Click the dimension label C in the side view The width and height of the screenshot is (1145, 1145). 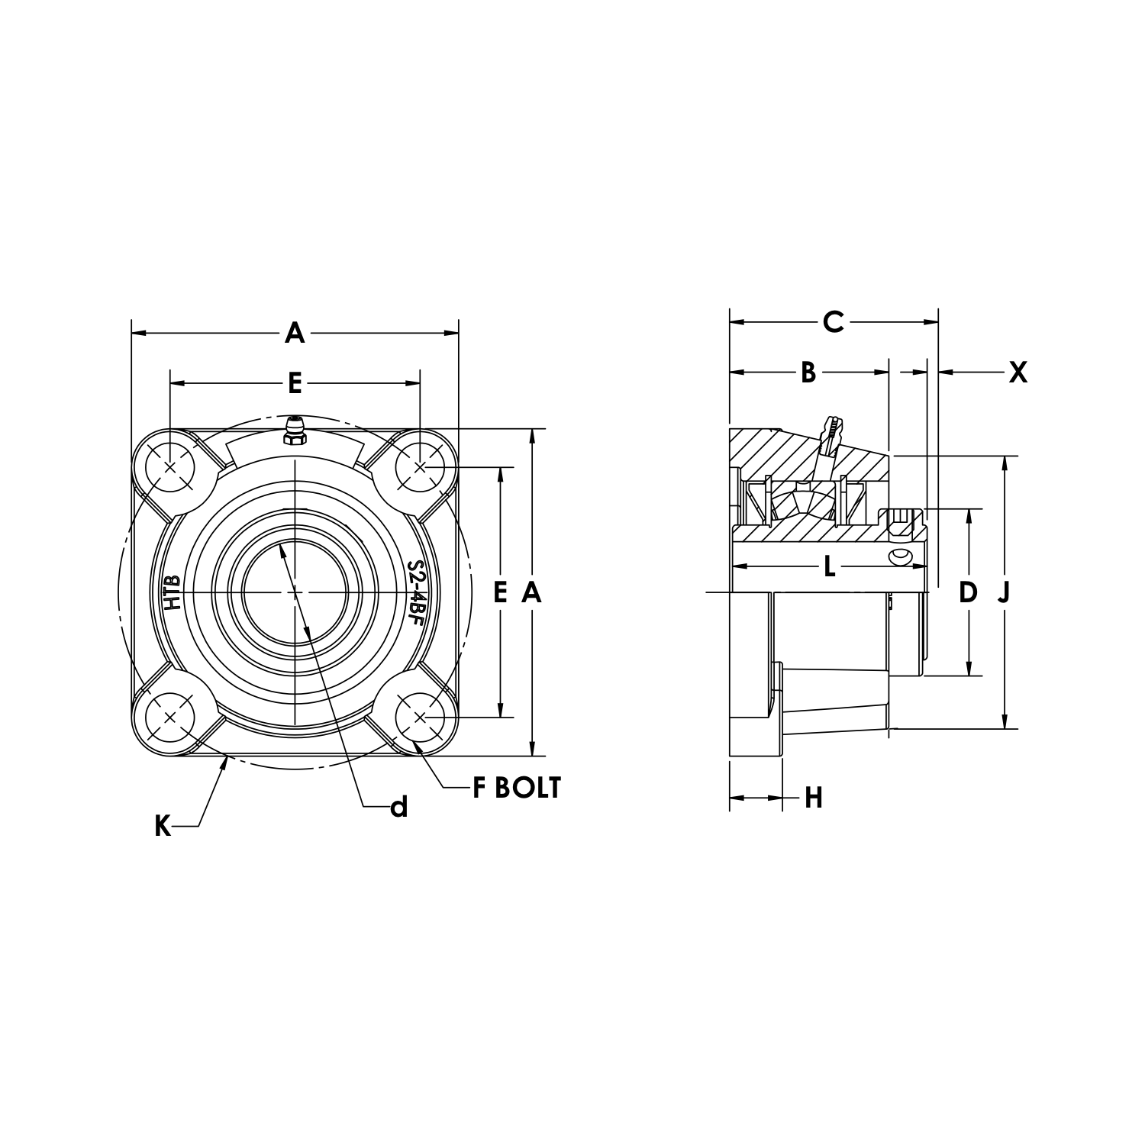pos(833,322)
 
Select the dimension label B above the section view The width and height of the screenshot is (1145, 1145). pos(808,373)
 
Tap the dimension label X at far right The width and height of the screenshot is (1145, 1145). pos(1018,373)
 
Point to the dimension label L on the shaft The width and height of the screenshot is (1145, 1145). pos(830,566)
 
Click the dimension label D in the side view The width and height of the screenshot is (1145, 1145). pos(968,592)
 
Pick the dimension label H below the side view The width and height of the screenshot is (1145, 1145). pos(814,798)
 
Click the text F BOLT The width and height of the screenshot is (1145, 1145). pos(517,788)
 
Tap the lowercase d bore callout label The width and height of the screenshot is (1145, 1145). pos(398,807)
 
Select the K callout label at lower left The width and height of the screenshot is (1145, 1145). pos(163,826)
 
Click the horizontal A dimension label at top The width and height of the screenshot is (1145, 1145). pos(295,333)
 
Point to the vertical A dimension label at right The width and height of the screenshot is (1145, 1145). pos(531,592)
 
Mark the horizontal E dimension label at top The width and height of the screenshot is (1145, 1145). pos(295,383)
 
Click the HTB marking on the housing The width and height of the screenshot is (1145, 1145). pos(173,592)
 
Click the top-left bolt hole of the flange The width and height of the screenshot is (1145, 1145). pos(169,467)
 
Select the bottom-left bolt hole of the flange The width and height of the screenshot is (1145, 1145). pos(169,718)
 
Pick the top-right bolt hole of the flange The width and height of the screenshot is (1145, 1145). pos(420,467)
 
